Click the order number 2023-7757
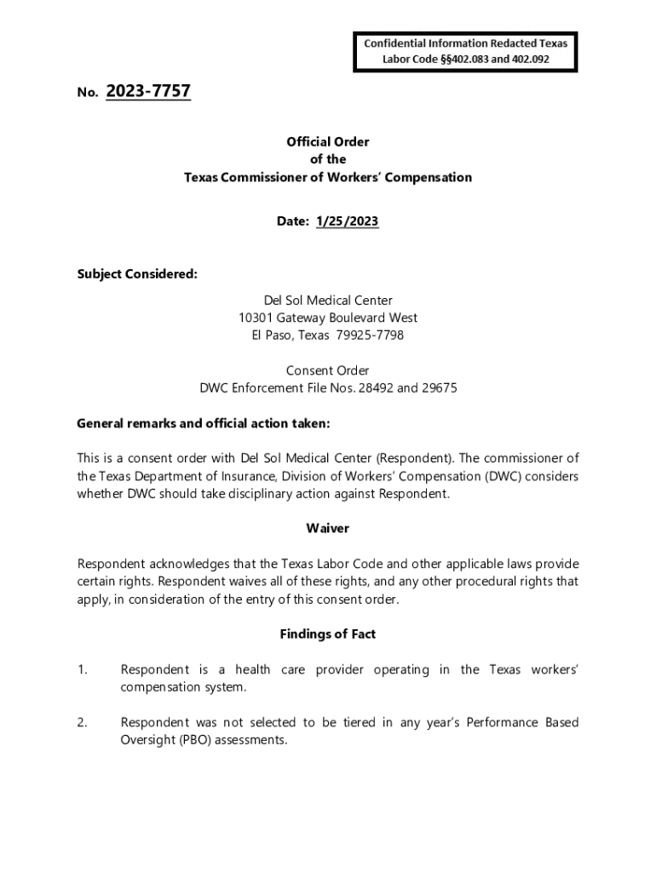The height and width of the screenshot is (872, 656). pyautogui.click(x=148, y=91)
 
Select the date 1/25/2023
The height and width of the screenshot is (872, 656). pyautogui.click(x=347, y=221)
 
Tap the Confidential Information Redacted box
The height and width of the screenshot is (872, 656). pyautogui.click(x=465, y=51)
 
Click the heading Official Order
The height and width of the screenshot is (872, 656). pyautogui.click(x=328, y=142)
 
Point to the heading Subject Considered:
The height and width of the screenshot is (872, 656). pyautogui.click(x=137, y=274)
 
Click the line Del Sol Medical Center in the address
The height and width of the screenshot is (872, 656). pyautogui.click(x=328, y=301)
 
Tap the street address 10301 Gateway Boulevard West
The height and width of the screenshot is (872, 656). pyautogui.click(x=328, y=318)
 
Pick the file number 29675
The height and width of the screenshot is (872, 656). pyautogui.click(x=440, y=388)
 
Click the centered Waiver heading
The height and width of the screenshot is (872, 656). pyautogui.click(x=328, y=529)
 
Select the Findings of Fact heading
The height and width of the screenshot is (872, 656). pyautogui.click(x=328, y=634)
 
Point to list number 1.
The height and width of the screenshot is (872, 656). pyautogui.click(x=82, y=670)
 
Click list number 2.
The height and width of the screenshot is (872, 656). pyautogui.click(x=82, y=723)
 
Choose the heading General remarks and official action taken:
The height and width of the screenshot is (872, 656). pyautogui.click(x=203, y=423)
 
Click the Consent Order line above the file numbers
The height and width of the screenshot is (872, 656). pyautogui.click(x=328, y=370)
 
